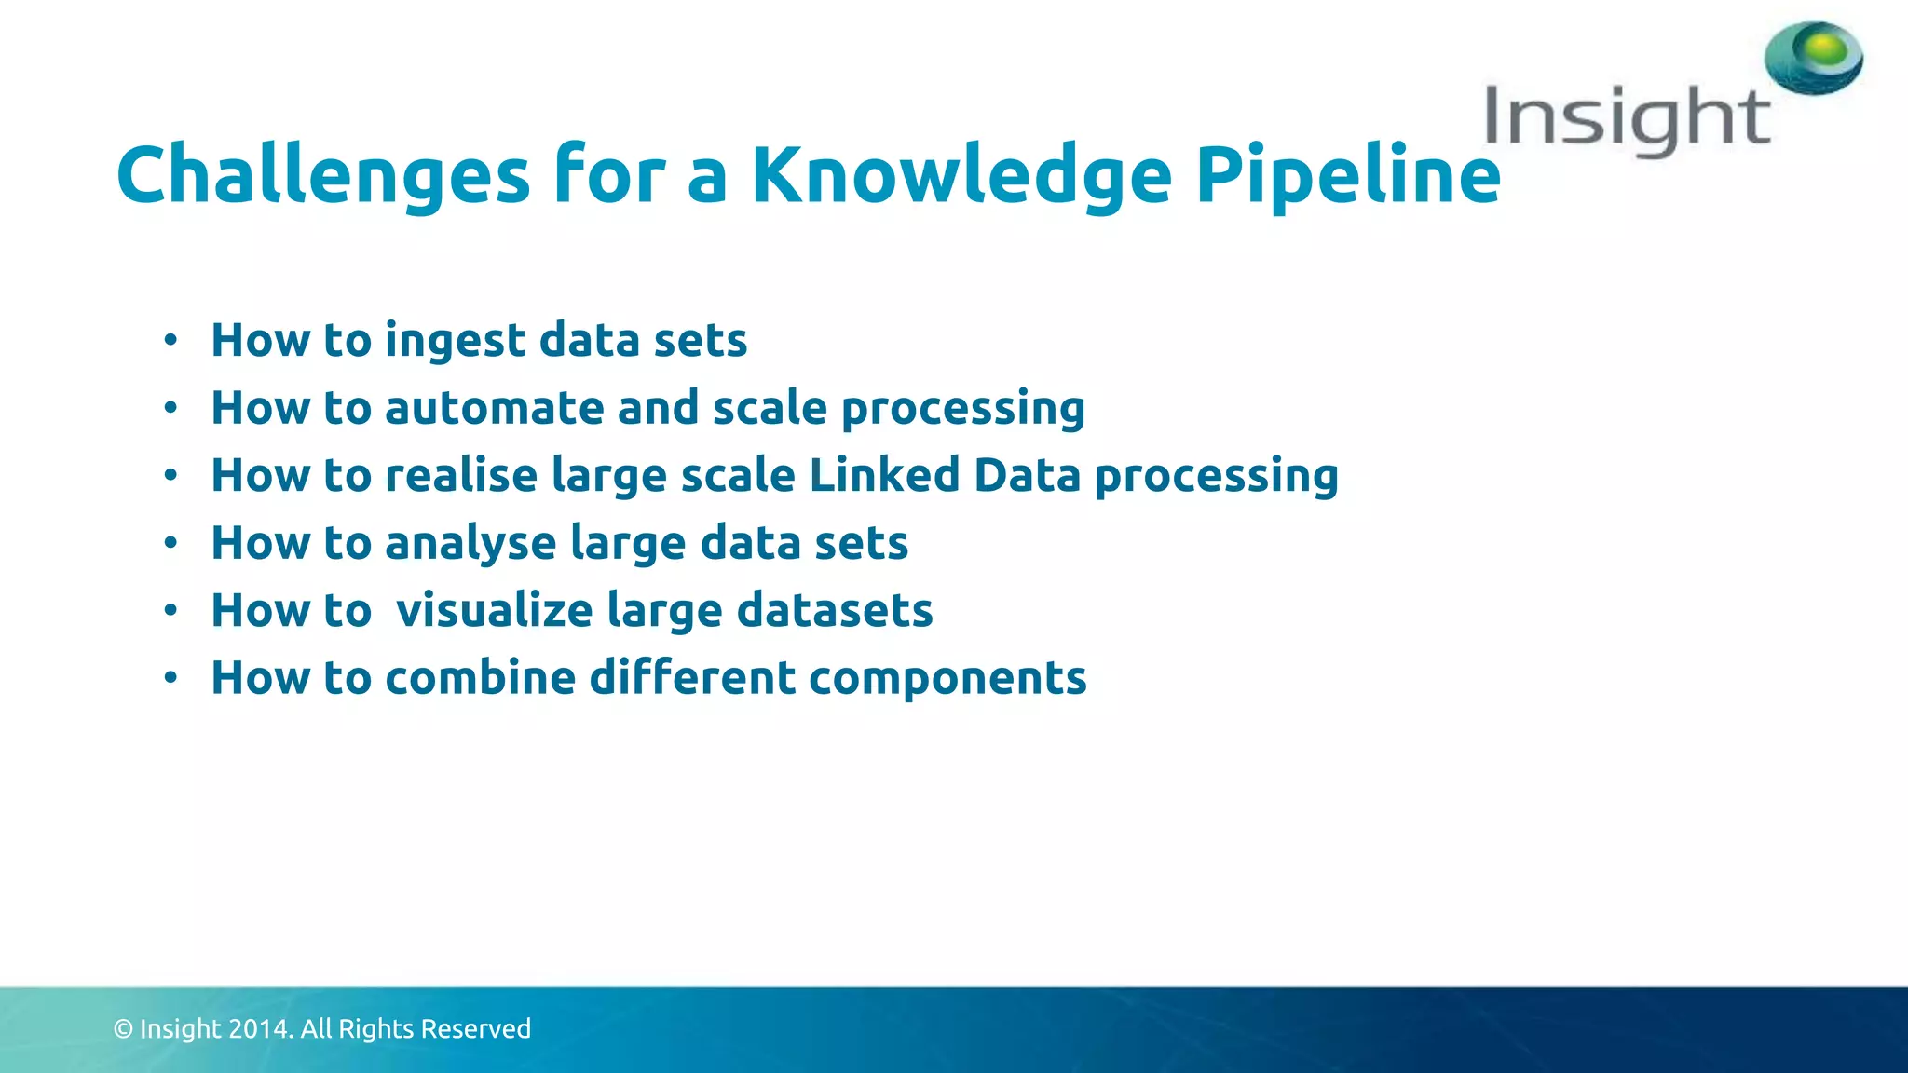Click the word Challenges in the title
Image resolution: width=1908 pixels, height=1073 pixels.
pos(322,177)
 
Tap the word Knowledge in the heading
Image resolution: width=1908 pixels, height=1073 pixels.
pos(961,177)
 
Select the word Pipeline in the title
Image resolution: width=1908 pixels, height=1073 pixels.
pos(1347,177)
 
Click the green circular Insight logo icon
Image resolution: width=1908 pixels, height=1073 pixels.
pos(1813,58)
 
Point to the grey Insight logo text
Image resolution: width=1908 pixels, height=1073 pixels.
pos(1627,119)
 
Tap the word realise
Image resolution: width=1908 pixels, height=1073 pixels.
pos(461,475)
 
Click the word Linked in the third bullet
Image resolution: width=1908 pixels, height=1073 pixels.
pos(883,475)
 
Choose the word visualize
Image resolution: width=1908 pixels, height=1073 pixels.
pos(494,611)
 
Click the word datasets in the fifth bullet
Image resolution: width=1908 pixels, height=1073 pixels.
pos(834,611)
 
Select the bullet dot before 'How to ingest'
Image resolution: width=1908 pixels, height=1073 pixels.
pos(170,341)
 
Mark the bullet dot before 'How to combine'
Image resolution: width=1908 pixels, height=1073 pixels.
pos(170,678)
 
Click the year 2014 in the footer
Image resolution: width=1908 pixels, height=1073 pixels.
pos(260,1028)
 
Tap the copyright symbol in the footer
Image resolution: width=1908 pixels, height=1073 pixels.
pos(123,1028)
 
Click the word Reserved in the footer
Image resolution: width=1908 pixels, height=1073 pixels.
pos(476,1028)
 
